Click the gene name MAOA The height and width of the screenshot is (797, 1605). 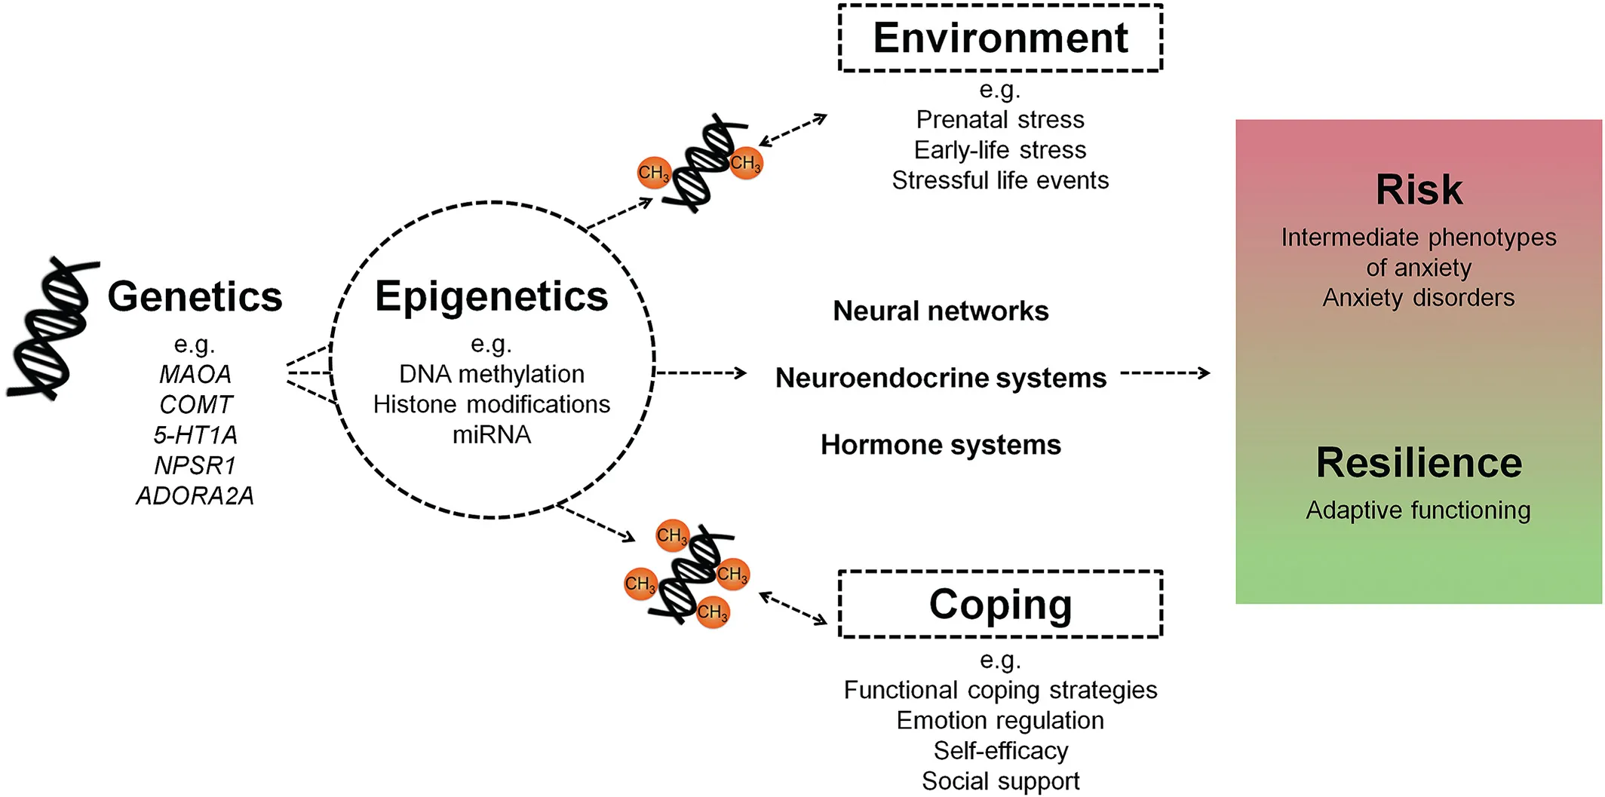[x=195, y=374]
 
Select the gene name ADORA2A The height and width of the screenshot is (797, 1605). [x=195, y=495]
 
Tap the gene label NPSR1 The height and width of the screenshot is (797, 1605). [x=195, y=465]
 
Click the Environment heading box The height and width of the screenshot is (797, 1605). [x=1000, y=38]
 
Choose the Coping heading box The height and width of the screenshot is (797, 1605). [x=1000, y=604]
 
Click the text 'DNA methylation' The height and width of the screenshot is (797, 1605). [x=492, y=374]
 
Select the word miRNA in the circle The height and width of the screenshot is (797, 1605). [x=492, y=435]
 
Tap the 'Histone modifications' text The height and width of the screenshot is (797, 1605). [x=492, y=404]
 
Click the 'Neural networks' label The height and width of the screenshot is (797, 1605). [x=941, y=311]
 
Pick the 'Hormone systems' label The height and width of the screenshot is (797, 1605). [x=941, y=445]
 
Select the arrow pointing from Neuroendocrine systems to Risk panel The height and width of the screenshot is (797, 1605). [x=1165, y=372]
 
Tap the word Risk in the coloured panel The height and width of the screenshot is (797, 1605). [x=1419, y=189]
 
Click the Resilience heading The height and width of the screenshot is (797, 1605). [x=1419, y=462]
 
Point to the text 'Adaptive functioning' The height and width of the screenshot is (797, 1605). [x=1419, y=510]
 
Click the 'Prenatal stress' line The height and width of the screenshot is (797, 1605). [x=1000, y=119]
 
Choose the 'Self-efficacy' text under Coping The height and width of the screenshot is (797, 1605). [x=1000, y=751]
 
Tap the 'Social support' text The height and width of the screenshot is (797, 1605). [x=1000, y=781]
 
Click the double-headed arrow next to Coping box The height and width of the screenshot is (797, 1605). [x=793, y=608]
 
